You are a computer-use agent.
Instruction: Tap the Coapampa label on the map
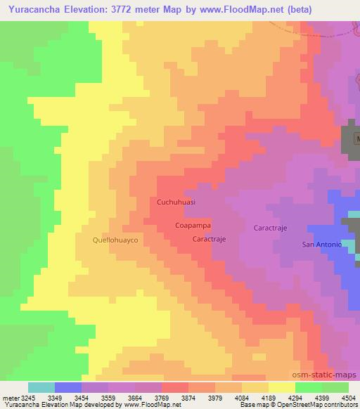[x=193, y=226]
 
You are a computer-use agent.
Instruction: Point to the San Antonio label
[x=321, y=244]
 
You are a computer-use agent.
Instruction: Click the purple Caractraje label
[x=270, y=228]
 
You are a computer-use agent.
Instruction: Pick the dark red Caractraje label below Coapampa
[x=209, y=239]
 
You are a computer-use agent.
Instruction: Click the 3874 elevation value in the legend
[x=188, y=398]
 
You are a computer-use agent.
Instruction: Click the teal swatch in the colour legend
[x=41, y=387]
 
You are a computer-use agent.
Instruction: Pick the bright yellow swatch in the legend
[x=282, y=387]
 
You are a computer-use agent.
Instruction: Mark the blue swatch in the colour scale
[x=68, y=387]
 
